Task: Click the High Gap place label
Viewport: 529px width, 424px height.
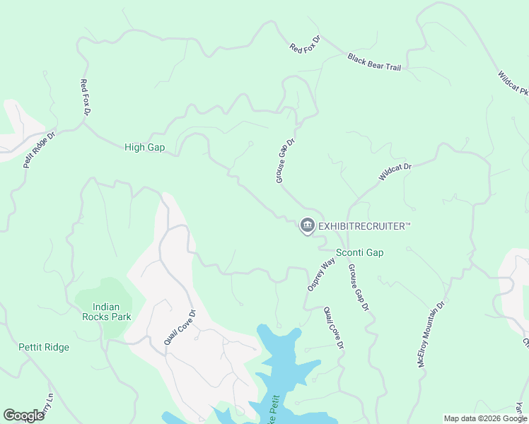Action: click(144, 147)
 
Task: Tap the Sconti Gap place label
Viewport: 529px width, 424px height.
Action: click(359, 252)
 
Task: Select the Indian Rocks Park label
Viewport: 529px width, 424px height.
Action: click(112, 312)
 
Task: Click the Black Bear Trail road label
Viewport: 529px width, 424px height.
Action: click(374, 61)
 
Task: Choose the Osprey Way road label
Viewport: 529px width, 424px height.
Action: click(320, 274)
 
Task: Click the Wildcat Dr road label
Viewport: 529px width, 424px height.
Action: click(395, 172)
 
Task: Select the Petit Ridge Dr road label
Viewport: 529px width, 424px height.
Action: click(38, 148)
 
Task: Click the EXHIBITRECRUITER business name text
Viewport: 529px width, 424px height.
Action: click(364, 226)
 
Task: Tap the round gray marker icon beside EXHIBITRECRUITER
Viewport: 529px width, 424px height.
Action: click(307, 226)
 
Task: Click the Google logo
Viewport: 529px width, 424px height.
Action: click(23, 416)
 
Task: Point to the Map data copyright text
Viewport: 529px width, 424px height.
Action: click(486, 418)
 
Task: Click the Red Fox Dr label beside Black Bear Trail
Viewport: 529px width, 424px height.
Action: click(305, 43)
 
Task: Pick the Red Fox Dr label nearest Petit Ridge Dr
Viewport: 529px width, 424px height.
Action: click(86, 98)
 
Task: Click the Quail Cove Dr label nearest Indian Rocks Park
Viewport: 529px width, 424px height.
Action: click(180, 326)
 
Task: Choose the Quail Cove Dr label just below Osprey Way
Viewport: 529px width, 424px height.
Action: click(333, 328)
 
